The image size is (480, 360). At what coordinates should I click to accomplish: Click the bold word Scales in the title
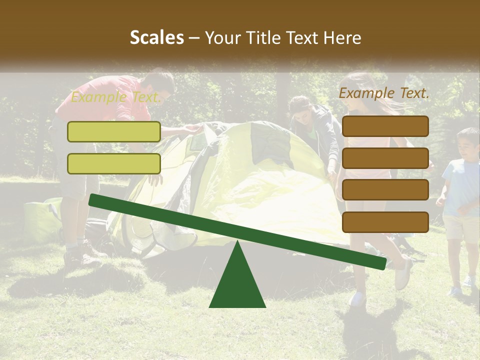pos(156,38)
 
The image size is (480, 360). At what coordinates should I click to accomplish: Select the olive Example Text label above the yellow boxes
pos(115,97)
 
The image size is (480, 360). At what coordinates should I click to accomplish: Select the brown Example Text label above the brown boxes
pos(384,93)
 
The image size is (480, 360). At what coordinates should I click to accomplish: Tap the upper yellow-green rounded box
pos(114,131)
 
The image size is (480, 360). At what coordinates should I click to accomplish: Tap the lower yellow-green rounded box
pos(114,163)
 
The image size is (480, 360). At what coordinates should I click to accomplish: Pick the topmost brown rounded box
pos(385,126)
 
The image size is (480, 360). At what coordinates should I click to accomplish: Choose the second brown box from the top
pos(385,158)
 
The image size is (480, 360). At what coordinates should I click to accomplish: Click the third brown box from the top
pos(385,190)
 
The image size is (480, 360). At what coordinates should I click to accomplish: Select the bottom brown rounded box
pos(385,222)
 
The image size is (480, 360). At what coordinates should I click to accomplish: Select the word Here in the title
pos(343,38)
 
